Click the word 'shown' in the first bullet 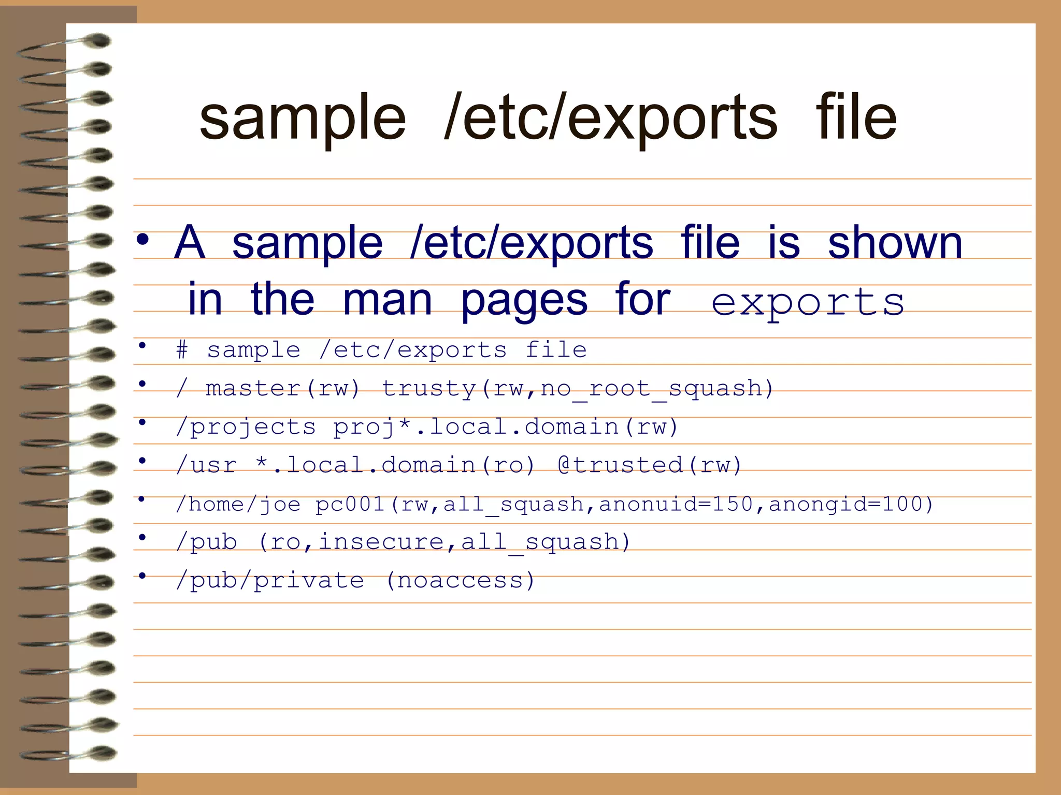(x=895, y=243)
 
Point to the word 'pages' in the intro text (x=524, y=301)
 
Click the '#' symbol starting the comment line (x=182, y=350)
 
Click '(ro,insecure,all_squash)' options (x=444, y=542)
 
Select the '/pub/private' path (x=270, y=581)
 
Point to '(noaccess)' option (x=460, y=581)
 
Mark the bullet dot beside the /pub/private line (x=142, y=576)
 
